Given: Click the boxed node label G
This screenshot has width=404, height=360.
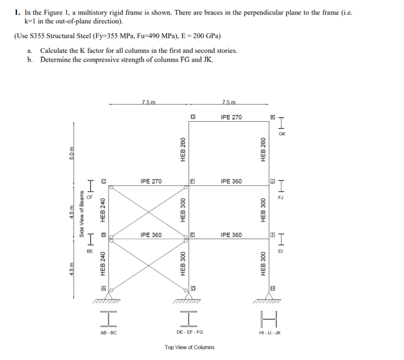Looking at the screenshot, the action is point(193,117).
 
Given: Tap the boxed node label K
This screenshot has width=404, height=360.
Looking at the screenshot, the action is point(272,117).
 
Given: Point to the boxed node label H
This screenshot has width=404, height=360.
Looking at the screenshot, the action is point(272,288).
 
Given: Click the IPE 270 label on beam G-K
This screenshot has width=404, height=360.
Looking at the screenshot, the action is point(231,117).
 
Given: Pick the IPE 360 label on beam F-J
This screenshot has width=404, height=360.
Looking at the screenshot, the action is point(231,181).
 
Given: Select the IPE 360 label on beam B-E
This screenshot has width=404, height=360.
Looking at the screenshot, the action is point(151,234).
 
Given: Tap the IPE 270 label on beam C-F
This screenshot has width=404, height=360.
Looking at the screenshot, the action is point(151,181).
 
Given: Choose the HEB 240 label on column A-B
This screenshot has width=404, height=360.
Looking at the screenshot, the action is point(102,264).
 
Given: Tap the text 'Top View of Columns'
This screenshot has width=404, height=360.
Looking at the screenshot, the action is point(190,347).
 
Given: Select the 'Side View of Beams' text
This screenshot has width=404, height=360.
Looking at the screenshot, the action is point(82,214).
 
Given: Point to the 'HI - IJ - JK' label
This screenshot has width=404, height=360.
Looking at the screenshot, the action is point(270,333).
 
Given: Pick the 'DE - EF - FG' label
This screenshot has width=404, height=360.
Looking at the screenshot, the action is point(190,333).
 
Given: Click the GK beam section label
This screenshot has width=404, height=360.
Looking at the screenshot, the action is point(282,134).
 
